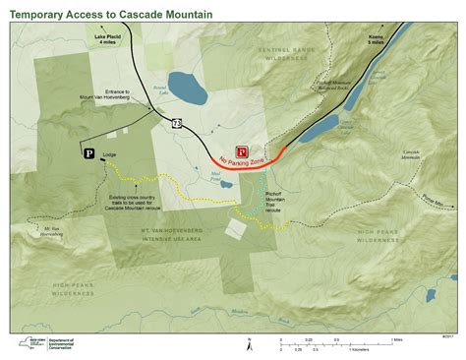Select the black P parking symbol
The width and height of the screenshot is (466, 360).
coord(89,153)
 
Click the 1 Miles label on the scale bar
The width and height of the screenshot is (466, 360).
coord(396,339)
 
